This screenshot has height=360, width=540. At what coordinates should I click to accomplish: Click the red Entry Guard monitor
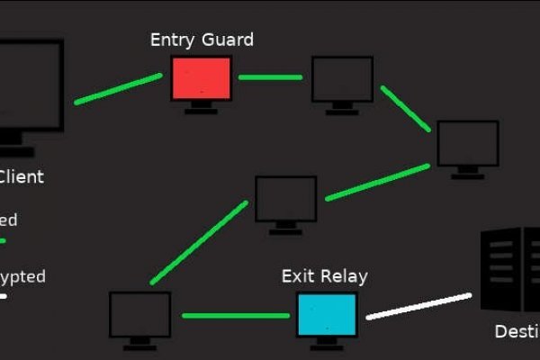tap(202, 78)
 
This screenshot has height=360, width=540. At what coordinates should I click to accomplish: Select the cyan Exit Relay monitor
tap(327, 314)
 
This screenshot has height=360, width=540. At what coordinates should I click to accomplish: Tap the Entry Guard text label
tap(202, 40)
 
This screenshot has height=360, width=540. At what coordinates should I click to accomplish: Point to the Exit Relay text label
tap(324, 276)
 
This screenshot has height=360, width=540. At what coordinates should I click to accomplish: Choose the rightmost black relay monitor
tap(468, 144)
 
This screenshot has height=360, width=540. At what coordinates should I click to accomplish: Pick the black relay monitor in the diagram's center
tap(285, 199)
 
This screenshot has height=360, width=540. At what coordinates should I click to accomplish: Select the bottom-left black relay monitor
tap(139, 314)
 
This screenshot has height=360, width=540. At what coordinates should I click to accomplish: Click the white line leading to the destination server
tap(419, 305)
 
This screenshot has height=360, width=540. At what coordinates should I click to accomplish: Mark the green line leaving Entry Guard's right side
tap(270, 77)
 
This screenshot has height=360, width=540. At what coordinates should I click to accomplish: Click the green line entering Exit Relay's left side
tap(236, 316)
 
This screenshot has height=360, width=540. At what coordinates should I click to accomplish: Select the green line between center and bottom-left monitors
tap(199, 243)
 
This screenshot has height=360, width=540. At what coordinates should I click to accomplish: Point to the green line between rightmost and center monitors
tap(377, 182)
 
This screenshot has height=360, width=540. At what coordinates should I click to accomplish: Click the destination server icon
tap(509, 269)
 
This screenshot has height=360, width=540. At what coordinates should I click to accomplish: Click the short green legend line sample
tap(3, 241)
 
